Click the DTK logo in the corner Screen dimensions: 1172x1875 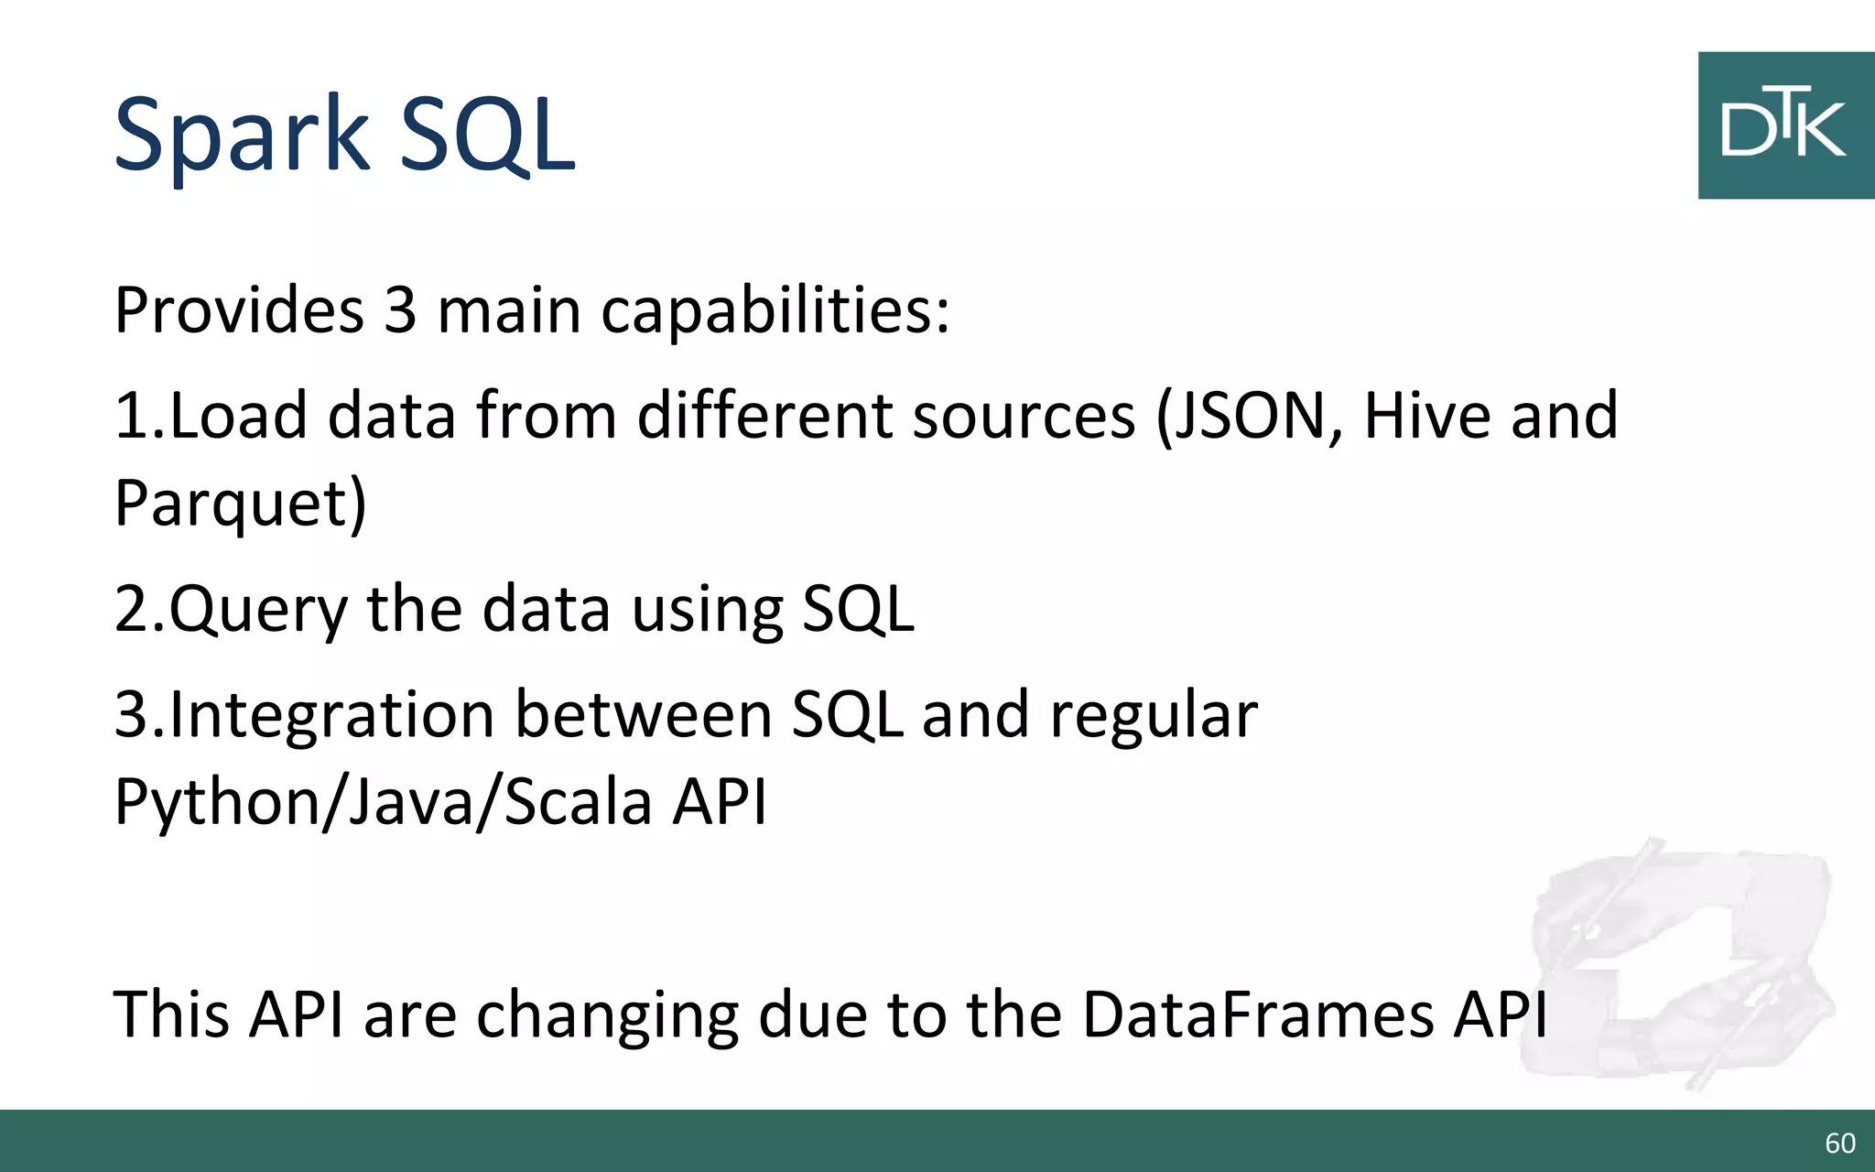coord(1784,125)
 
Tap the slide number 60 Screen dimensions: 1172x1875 coord(1839,1143)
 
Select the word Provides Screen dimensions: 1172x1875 coord(239,310)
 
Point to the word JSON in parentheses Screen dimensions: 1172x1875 coord(1250,416)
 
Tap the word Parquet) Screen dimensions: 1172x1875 coord(240,504)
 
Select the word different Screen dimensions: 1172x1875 coord(764,416)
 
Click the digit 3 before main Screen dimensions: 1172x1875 coord(400,310)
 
